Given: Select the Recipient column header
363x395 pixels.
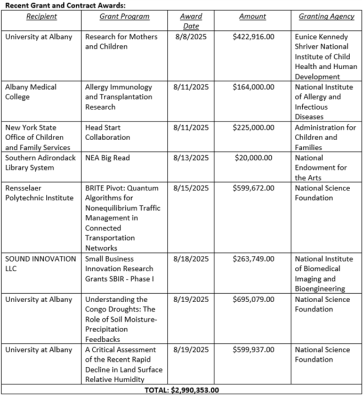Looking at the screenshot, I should point(42,17).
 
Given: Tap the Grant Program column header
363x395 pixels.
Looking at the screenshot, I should point(124,17).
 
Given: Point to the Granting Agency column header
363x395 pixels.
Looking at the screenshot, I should point(326,17).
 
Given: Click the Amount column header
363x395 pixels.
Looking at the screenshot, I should point(253,17).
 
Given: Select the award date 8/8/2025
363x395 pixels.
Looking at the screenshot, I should point(190,37).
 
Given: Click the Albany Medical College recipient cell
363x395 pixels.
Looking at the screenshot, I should point(31,92).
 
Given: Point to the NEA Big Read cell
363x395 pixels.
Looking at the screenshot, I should point(108,158).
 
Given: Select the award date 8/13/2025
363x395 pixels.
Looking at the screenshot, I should point(190,158).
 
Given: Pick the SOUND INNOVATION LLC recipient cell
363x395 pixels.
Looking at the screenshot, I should point(41,263).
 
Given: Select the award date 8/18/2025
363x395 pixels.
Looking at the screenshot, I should point(190,259).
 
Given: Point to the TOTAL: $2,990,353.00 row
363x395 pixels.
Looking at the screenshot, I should point(181,390).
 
